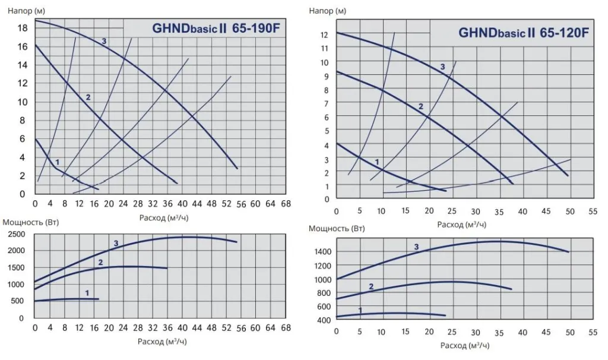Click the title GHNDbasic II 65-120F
pyautogui.click(x=523, y=33)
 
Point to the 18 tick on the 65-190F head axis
pyautogui.click(x=22, y=28)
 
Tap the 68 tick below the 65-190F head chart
pyautogui.click(x=285, y=204)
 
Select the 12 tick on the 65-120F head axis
pyautogui.click(x=324, y=34)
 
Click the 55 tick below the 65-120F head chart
pyautogui.click(x=592, y=211)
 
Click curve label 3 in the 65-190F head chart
pyautogui.click(x=104, y=41)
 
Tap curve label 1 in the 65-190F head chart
pyautogui.click(x=58, y=162)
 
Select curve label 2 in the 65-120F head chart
pyautogui.click(x=420, y=107)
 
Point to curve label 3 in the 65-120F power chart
pyautogui.click(x=416, y=247)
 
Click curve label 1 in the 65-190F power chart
pyautogui.click(x=87, y=292)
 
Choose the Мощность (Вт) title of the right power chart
pyautogui.click(x=337, y=228)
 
